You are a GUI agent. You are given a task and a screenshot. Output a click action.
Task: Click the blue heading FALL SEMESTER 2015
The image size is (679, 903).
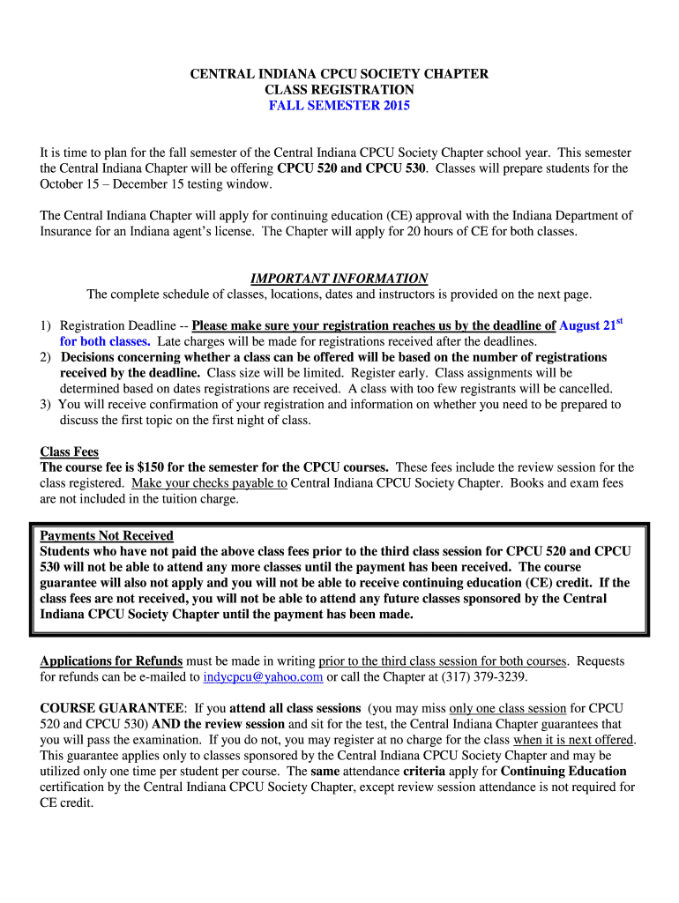339,106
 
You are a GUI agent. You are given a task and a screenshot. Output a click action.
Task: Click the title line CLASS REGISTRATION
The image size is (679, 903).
339,90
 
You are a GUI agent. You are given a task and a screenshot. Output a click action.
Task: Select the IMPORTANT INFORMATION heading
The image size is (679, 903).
339,278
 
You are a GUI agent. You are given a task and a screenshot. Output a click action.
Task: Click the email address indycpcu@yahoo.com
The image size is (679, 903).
263,677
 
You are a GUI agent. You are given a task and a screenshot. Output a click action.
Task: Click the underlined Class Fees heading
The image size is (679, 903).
70,451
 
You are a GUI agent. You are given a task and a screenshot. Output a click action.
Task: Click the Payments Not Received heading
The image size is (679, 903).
107,535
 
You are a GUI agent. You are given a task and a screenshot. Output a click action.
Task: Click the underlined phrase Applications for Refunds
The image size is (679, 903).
111,661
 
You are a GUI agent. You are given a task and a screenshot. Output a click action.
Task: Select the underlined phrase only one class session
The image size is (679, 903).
507,708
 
